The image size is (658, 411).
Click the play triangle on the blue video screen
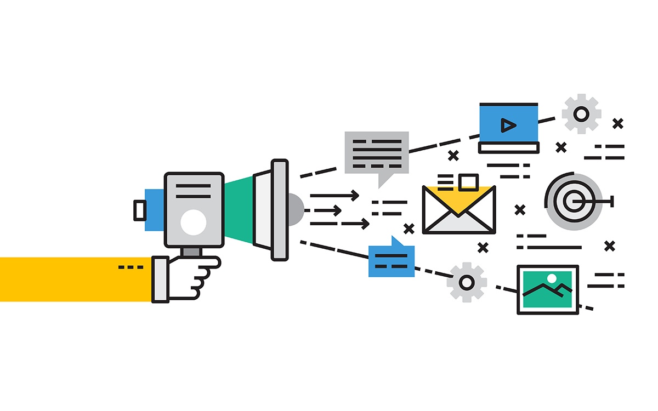coord(508,126)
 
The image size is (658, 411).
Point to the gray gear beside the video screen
coord(581,114)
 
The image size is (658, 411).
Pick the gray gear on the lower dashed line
coord(467,282)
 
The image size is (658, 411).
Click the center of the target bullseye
coord(574,202)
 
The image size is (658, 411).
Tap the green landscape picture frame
coord(547,289)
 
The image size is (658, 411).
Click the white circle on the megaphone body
coord(194,222)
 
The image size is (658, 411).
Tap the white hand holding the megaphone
coord(189,277)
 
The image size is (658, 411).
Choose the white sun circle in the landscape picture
coord(552,278)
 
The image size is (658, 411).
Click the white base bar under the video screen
coord(508,147)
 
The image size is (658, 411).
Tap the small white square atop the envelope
coord(468,181)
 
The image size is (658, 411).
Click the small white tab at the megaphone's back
coord(139,209)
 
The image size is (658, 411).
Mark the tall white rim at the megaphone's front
coord(280,209)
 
